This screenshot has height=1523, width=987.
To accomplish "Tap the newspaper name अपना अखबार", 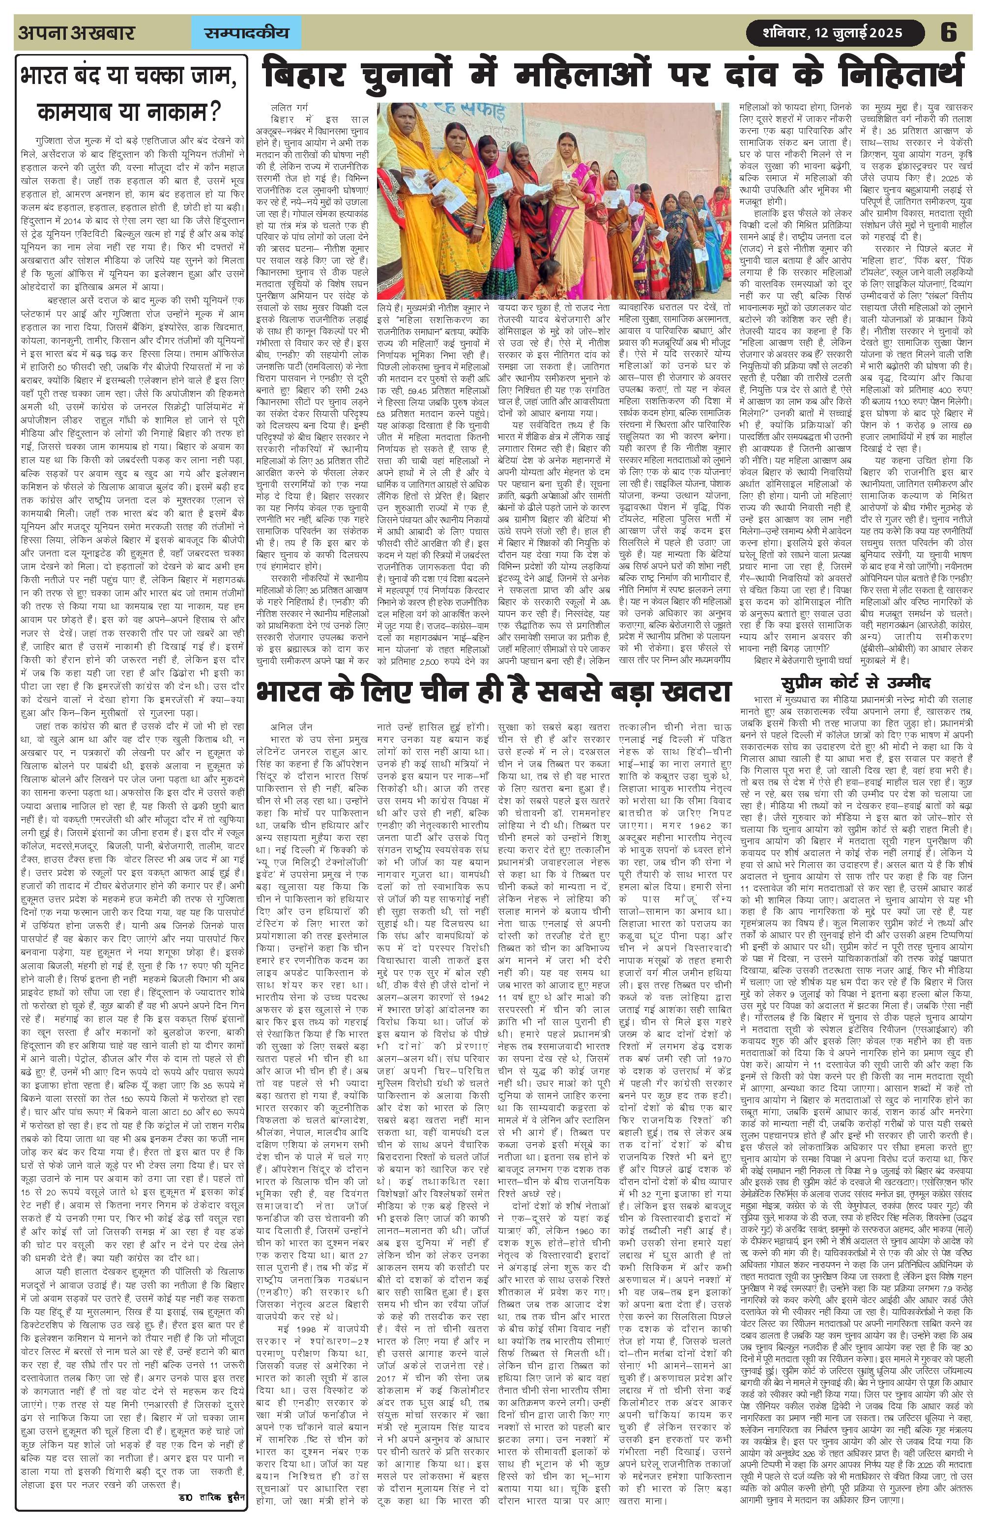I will click(x=76, y=32).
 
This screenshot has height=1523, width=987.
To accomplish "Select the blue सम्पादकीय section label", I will click(x=246, y=32).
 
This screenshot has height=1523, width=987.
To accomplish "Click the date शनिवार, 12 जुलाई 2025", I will click(x=832, y=32).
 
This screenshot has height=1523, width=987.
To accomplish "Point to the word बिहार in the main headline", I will click(x=310, y=74).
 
